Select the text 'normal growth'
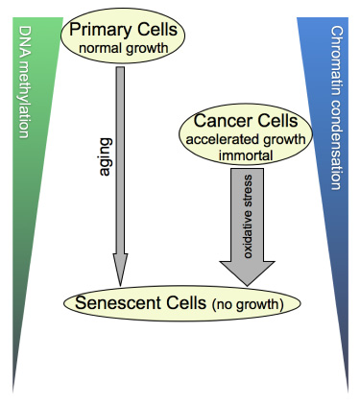(x=124, y=49)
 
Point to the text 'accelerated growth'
(x=246, y=140)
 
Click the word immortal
(x=246, y=155)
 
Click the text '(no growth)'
(x=248, y=304)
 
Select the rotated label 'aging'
(x=106, y=157)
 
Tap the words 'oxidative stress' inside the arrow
(x=248, y=217)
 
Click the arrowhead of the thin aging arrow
(x=120, y=270)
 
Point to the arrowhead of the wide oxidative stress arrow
(x=247, y=273)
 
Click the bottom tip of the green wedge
(x=12, y=392)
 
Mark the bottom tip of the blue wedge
(x=348, y=392)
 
